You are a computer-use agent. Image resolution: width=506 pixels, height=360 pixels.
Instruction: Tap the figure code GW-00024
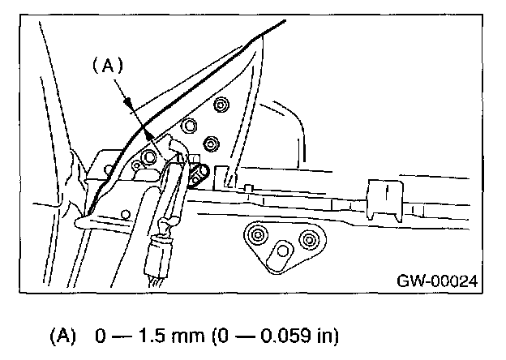[436, 281]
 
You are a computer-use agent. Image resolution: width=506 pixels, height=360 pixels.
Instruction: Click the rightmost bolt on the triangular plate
[211, 143]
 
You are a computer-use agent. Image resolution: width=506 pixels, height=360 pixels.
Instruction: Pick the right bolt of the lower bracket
[307, 239]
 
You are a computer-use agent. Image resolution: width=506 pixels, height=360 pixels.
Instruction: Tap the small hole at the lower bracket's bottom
[285, 251]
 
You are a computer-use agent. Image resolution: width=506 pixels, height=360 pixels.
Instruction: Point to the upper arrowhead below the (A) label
[128, 101]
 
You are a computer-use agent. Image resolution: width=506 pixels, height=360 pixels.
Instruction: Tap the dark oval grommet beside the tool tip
[198, 173]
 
